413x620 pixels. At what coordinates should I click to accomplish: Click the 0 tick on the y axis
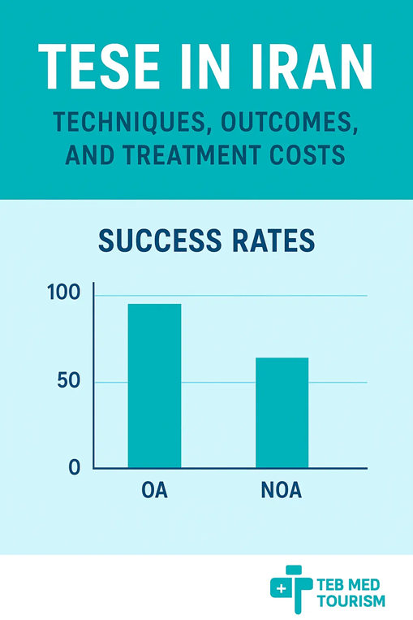75,468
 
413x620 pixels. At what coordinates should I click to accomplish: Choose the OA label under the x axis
154,492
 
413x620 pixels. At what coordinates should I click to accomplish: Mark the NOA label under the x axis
282,492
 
